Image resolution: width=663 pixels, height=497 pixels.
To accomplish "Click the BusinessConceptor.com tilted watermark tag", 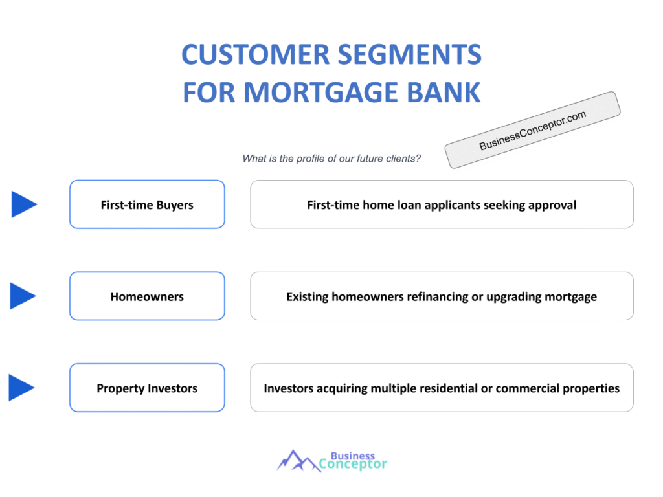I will point(532,130).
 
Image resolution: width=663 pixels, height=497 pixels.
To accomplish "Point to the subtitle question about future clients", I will point(331,159).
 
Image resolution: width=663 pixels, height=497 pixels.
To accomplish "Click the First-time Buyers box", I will point(147,204).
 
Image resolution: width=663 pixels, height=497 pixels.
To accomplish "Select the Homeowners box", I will point(147,296).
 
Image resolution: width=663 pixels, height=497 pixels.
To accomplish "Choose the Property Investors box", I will point(147,388).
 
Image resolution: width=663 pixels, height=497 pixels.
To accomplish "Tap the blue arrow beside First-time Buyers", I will point(23,204).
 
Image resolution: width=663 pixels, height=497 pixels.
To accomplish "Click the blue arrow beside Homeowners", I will point(23,296).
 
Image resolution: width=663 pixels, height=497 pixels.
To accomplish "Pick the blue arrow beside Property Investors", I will point(21,388).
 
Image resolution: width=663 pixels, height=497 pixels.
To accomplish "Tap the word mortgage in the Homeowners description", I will point(570,297).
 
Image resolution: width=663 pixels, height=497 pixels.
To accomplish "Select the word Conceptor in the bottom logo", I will point(353,464).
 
